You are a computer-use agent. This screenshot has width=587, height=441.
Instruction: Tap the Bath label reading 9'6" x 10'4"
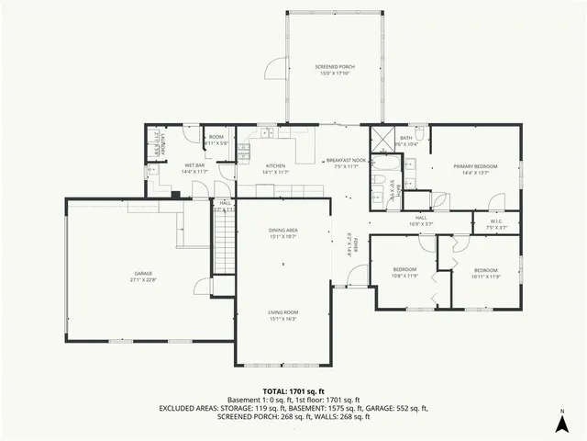point(406,141)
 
